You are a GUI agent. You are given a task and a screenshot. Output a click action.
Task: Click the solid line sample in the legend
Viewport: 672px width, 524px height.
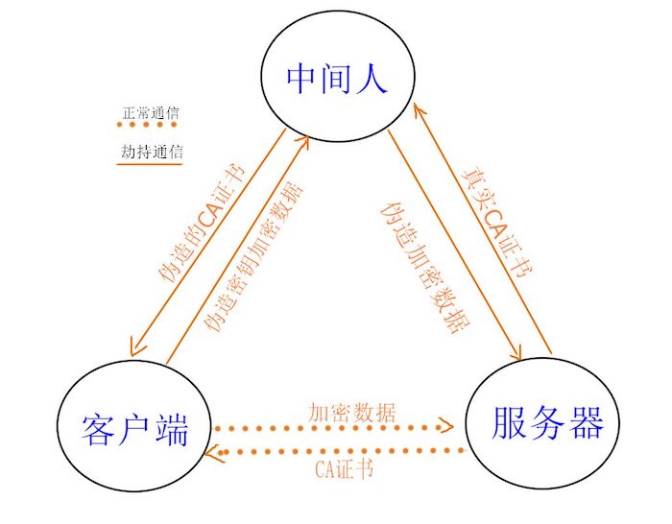[x=149, y=164]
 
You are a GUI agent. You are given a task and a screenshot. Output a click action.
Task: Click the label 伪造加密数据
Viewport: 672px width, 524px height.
[x=421, y=264]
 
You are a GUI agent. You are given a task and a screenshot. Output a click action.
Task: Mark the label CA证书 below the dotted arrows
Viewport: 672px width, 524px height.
[x=343, y=469]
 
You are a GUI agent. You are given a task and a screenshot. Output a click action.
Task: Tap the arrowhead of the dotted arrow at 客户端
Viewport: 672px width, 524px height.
[x=220, y=450]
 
